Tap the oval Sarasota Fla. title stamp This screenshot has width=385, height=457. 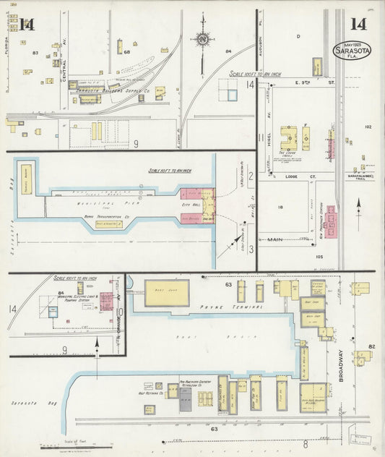click(x=351, y=51)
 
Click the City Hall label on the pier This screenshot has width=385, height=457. click(x=194, y=205)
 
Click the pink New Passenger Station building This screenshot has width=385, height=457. click(x=330, y=220)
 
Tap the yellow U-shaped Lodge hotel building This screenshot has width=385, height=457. click(x=288, y=137)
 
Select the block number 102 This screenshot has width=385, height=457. click(x=367, y=127)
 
